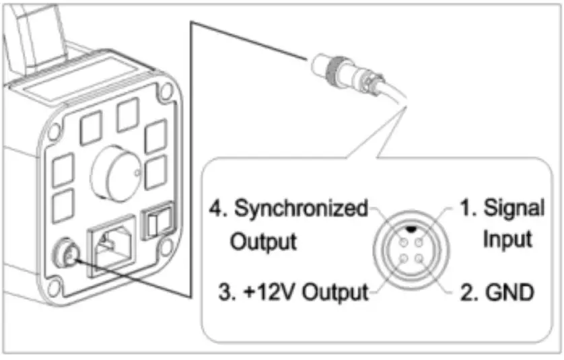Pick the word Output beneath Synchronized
pyautogui.click(x=264, y=241)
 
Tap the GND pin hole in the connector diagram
pyautogui.click(x=420, y=256)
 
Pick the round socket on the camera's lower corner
pyautogui.click(x=65, y=255)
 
